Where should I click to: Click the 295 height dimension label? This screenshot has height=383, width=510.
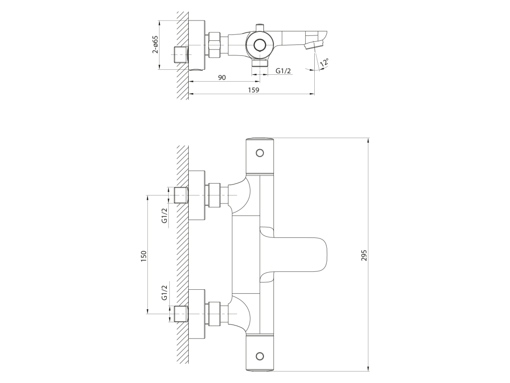(x=364, y=255)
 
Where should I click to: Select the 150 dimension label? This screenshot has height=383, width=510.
(x=144, y=256)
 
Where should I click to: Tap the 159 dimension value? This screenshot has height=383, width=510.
(x=254, y=90)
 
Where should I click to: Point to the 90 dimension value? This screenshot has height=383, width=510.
(x=222, y=77)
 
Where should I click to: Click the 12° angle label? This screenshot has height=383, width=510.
(x=324, y=62)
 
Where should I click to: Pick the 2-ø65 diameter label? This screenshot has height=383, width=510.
(x=155, y=44)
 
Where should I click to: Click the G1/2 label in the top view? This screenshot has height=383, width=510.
(x=283, y=71)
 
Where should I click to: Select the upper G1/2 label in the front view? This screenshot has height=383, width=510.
(x=164, y=215)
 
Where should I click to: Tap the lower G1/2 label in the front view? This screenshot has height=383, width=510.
(x=164, y=292)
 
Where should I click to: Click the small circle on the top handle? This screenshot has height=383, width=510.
(x=259, y=153)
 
